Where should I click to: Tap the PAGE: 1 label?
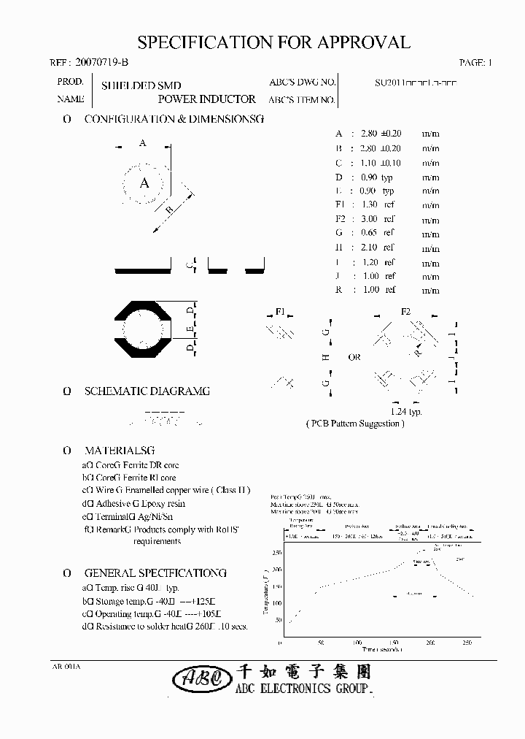[476, 63]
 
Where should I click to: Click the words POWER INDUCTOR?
[206, 99]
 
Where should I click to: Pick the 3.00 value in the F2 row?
[369, 219]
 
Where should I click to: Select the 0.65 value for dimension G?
[369, 234]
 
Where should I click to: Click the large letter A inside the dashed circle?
[144, 183]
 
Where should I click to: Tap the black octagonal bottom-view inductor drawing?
[144, 329]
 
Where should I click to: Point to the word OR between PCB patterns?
[354, 358]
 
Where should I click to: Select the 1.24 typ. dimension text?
[406, 412]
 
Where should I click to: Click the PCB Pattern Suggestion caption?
[354, 424]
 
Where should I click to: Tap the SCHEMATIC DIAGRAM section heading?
[147, 391]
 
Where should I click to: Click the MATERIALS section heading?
[120, 451]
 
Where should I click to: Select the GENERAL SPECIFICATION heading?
[155, 573]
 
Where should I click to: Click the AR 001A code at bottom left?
[66, 667]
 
